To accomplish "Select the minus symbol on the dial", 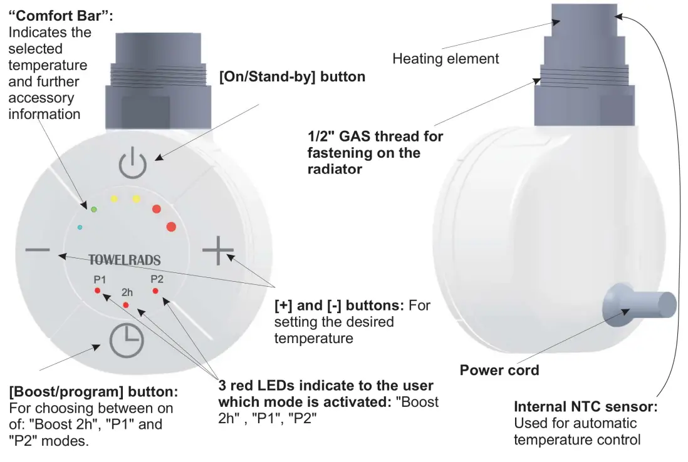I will tap(38, 250).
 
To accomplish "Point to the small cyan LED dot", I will tap(80, 227).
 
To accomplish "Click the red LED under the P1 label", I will tap(97, 291).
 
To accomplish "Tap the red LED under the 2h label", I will tap(126, 305).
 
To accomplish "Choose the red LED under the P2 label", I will tap(155, 291).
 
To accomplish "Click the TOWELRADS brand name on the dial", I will tap(124, 260).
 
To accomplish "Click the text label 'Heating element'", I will tap(446, 59).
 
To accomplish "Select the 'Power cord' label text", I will tap(499, 370).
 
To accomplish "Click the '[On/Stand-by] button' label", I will tap(292, 77).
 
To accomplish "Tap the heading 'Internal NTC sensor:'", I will tap(585, 406).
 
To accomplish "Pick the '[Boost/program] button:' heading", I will tap(93, 392).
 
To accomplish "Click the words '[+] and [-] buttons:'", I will tap(340, 305).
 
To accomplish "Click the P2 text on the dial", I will tap(157, 279).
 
